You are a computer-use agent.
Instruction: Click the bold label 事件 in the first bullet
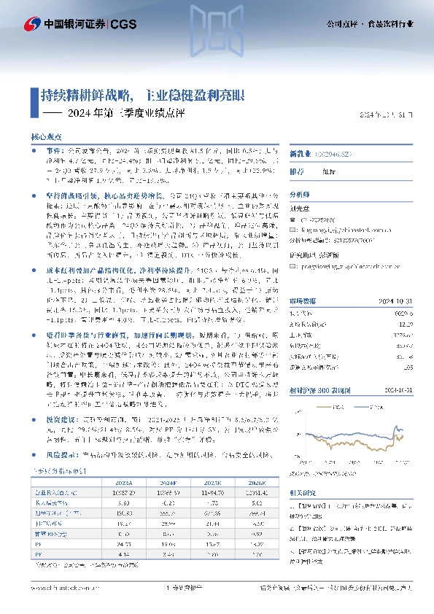[55, 148]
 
